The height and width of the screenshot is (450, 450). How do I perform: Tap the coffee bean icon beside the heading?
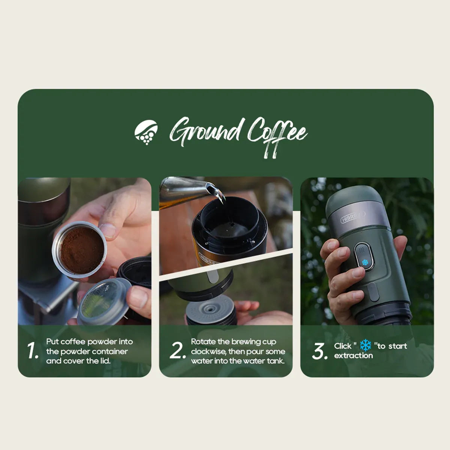146,132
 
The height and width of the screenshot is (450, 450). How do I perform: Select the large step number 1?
33,351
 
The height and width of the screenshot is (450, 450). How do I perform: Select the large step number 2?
177,351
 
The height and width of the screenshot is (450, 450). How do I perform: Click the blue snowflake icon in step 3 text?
366,345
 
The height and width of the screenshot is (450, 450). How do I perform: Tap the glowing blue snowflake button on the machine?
364,262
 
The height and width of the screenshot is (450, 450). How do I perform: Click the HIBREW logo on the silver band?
352,217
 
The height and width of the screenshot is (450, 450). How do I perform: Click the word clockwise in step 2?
208,351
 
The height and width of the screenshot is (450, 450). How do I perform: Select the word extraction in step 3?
353,355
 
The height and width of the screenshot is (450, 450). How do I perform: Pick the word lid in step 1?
105,361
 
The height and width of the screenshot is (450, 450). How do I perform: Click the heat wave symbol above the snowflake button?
362,250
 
